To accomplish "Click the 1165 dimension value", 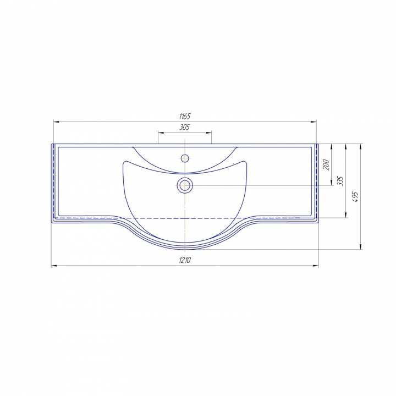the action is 185,117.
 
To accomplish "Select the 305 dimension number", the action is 184,127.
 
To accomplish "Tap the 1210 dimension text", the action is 185,260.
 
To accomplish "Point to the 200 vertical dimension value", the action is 326,164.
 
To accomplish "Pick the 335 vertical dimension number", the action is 340,181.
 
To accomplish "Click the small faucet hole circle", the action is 185,158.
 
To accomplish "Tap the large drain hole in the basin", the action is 185,185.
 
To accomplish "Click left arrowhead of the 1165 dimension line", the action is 56,122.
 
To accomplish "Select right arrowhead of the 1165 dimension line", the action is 313,122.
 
